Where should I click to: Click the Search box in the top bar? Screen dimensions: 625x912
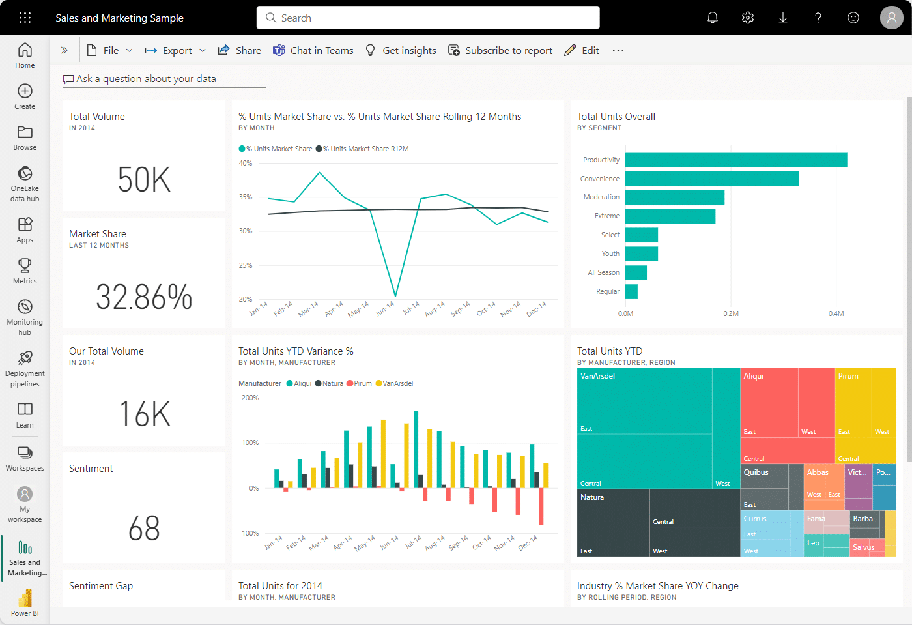coord(428,18)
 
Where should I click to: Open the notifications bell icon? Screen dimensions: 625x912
coord(713,18)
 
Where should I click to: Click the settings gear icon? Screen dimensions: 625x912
coord(748,18)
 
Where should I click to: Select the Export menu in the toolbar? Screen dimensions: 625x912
coord(175,51)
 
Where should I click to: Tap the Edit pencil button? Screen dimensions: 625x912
coord(582,51)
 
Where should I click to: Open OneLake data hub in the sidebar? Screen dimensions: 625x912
coord(25,182)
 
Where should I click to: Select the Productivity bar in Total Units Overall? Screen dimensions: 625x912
coord(736,160)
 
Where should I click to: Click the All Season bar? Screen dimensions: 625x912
coord(636,272)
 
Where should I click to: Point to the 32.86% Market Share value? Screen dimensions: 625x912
coord(144,297)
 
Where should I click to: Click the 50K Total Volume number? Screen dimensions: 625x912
coord(144,180)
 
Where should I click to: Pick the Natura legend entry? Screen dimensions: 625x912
coord(329,383)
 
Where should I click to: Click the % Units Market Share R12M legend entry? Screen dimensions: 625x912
coord(365,149)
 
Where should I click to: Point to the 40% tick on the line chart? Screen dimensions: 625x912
coord(246,163)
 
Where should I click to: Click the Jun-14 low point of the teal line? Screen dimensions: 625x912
coord(395,296)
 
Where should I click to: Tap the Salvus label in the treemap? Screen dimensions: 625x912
coord(863,547)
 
